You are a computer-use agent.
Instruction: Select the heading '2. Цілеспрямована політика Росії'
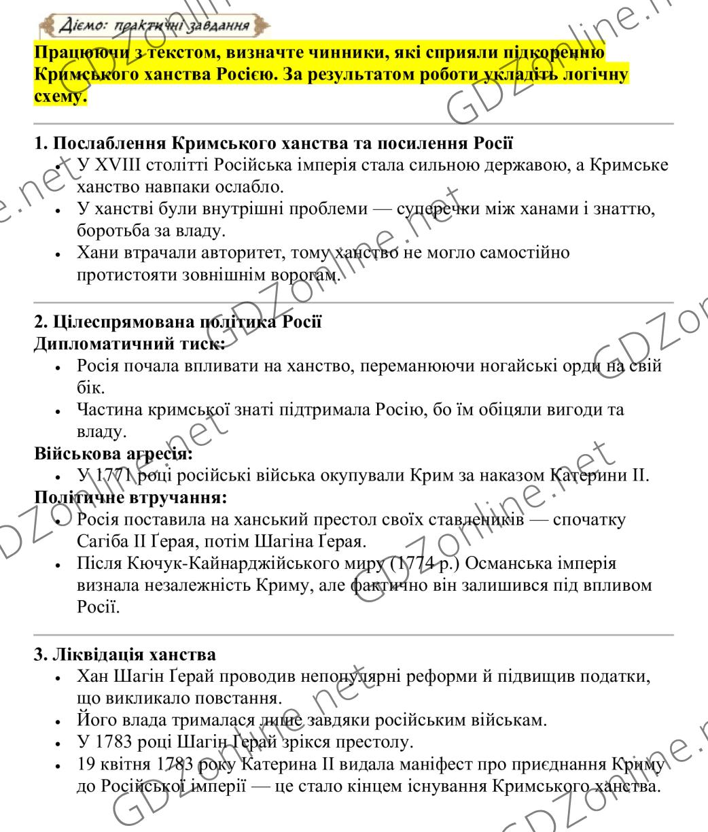177,322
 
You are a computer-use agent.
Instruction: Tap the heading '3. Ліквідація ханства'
125,655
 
